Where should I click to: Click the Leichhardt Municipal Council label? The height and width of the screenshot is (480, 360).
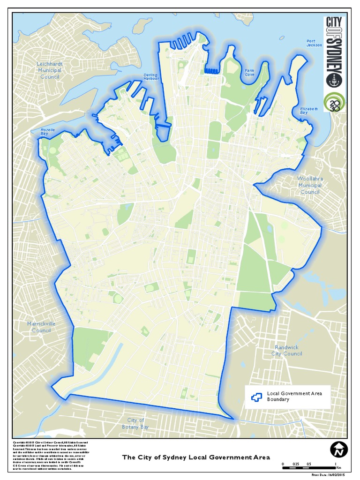(50, 70)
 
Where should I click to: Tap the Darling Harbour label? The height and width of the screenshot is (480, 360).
(151, 77)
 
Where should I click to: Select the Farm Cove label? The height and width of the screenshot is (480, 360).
(249, 73)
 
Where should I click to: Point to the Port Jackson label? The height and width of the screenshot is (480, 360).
(314, 43)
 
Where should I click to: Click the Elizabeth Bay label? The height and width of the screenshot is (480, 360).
(309, 111)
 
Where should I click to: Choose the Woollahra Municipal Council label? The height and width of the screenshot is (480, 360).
(310, 185)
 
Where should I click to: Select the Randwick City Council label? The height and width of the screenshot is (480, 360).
(286, 350)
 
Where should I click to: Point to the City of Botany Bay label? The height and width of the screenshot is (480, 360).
(135, 423)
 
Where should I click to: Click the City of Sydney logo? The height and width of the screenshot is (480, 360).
(334, 52)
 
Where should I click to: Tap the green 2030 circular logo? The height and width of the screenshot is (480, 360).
(334, 103)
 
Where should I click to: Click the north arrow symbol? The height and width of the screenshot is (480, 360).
(337, 450)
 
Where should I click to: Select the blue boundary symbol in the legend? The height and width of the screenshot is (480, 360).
(256, 397)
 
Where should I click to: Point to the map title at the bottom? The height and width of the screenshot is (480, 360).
(196, 457)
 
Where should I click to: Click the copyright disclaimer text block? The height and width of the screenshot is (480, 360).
(49, 455)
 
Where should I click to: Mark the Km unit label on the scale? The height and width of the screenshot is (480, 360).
(338, 467)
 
